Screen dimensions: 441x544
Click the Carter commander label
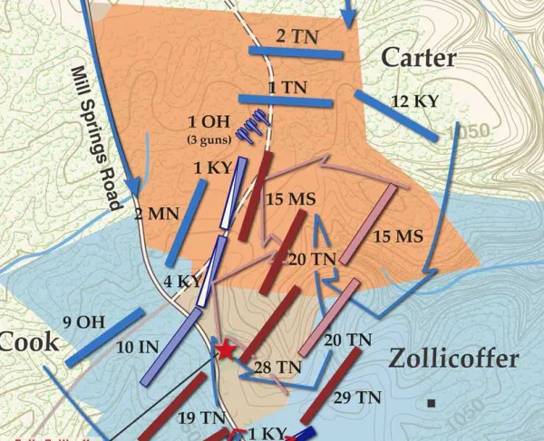[x=418, y=58]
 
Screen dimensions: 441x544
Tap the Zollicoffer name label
[x=453, y=359]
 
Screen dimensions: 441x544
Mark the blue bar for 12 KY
[x=392, y=116]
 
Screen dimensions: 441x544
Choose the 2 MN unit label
[x=151, y=215]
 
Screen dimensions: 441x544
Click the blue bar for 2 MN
[x=186, y=223]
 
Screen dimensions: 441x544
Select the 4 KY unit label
[x=181, y=282]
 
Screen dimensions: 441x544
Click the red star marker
[x=225, y=350]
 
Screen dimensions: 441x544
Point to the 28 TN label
[x=277, y=367]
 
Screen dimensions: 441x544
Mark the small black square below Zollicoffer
[x=433, y=401]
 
